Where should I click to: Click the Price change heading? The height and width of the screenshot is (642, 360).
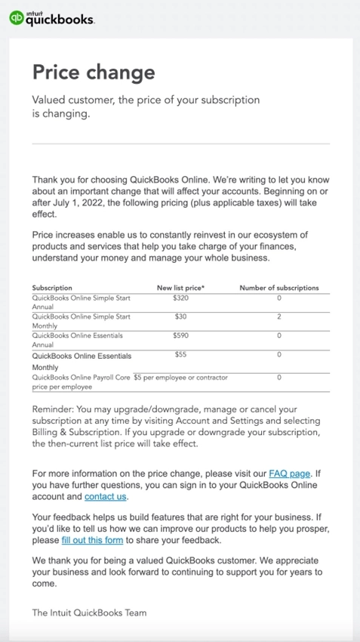(x=93, y=72)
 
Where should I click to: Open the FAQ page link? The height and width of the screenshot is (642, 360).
(x=289, y=474)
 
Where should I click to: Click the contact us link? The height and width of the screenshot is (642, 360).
(x=105, y=496)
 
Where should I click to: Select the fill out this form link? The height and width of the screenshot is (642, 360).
(x=93, y=540)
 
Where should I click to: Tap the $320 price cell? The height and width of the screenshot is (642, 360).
(x=180, y=298)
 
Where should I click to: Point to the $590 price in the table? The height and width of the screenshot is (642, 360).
(x=180, y=335)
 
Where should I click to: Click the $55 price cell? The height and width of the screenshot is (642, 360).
(x=180, y=354)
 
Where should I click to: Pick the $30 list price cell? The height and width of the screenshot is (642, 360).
(x=180, y=316)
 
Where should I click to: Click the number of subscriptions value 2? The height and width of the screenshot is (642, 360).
(x=278, y=316)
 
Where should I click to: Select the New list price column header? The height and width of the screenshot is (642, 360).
(x=180, y=288)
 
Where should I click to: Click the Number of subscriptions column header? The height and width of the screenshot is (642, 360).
(x=278, y=288)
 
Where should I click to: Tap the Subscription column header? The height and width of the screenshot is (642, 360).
(x=52, y=288)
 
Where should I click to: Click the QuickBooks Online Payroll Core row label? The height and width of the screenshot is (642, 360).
(x=81, y=377)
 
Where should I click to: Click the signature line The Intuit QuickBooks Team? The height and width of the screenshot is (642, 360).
(x=89, y=613)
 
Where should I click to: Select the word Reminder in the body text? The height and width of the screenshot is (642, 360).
(x=52, y=409)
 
